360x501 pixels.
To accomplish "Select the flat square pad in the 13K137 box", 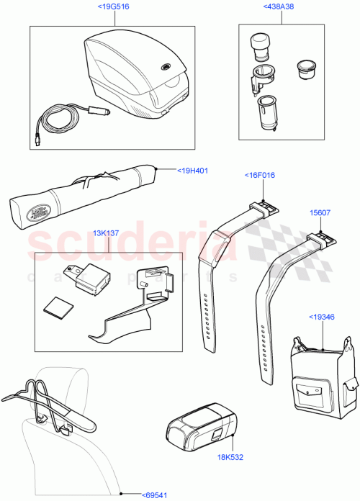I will click(56, 307).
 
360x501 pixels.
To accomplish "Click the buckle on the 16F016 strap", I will click(265, 207).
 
